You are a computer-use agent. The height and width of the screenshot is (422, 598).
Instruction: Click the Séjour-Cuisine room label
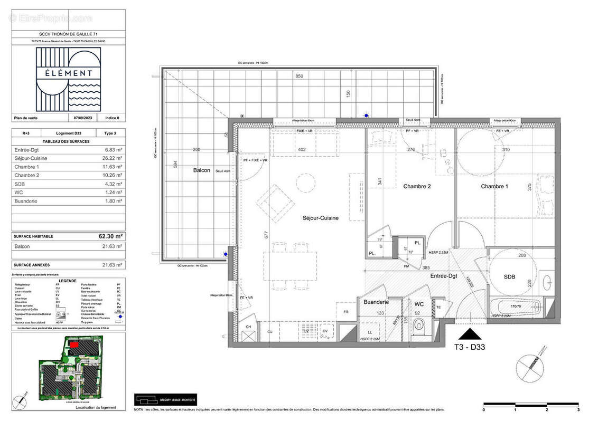320,218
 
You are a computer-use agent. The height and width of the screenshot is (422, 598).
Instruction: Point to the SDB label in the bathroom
509,276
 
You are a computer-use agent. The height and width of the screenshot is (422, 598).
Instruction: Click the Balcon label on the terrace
201,170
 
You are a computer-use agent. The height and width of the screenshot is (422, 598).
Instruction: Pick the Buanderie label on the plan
376,302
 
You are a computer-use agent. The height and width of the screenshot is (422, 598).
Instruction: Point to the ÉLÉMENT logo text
68,73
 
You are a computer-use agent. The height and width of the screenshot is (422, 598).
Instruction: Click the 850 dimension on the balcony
299,76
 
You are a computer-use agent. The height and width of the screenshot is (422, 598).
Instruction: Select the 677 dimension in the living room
266,234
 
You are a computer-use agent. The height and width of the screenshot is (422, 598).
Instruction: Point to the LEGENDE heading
68,281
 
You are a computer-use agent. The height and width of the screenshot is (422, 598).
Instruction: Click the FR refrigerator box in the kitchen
346,312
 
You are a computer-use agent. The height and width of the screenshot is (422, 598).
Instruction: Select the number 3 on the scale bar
578,409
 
